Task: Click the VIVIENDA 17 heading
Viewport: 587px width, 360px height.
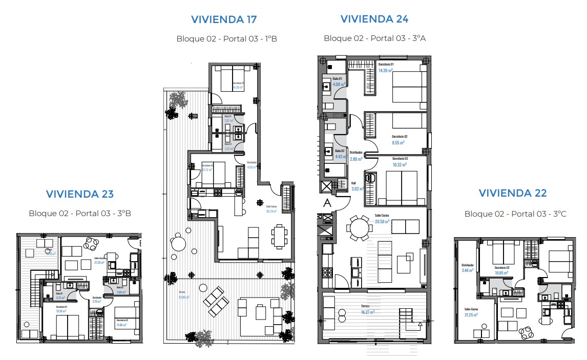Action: click(224, 19)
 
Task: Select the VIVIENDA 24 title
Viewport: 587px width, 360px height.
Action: click(374, 19)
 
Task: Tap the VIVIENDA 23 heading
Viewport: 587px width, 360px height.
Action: click(80, 194)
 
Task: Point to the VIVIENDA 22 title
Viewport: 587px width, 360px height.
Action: click(513, 193)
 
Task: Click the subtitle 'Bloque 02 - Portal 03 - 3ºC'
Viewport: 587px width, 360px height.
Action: click(513, 214)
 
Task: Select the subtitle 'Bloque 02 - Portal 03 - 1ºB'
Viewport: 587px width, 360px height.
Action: click(226, 38)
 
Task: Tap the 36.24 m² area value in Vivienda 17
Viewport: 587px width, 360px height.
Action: click(271, 211)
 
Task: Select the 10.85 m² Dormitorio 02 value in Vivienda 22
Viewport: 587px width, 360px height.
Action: click(502, 272)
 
